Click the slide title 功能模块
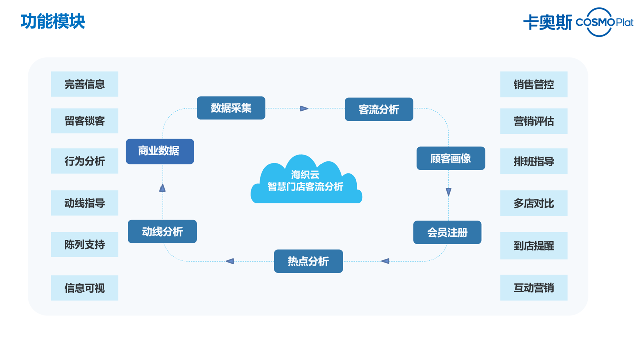coord(53,22)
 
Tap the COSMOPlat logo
coord(604,22)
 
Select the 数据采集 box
coord(231,108)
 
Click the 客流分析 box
coord(379,110)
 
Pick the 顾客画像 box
coord(450,159)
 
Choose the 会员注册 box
coord(447,233)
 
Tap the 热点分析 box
coord(308,261)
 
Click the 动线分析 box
coord(162,232)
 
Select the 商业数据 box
coord(159,151)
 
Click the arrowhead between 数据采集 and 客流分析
coord(304,108)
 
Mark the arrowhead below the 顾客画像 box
coord(448,192)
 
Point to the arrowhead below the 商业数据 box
coord(163,188)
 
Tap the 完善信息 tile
coord(84,84)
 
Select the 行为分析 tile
coord(84,161)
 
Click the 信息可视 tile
coord(84,288)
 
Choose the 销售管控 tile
coord(533,85)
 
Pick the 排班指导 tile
coord(533,162)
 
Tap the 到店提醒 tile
coord(533,246)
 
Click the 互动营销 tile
coord(533,288)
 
